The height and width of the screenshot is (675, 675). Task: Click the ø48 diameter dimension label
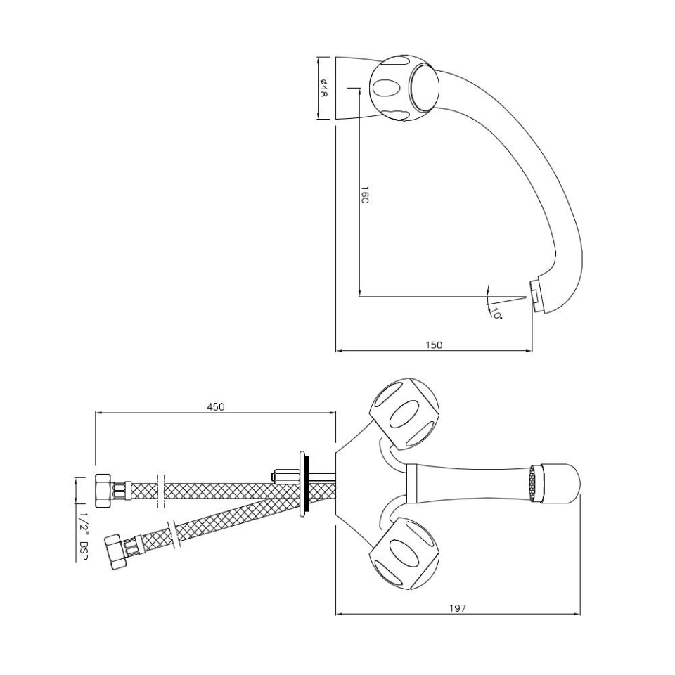(x=324, y=89)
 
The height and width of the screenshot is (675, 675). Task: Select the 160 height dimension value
(x=365, y=195)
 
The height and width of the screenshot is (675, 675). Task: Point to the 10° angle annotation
(x=496, y=314)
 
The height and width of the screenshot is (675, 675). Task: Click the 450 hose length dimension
(x=215, y=406)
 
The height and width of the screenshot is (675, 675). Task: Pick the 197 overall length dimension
(x=458, y=607)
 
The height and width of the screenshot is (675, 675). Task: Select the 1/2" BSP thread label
(x=84, y=536)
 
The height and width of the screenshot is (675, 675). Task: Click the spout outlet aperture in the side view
(x=535, y=295)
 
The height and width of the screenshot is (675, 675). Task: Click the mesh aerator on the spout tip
(x=538, y=484)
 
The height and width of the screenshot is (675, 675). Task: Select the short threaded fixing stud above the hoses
(x=283, y=475)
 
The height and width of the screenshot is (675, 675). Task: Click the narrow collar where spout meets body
(x=413, y=484)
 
